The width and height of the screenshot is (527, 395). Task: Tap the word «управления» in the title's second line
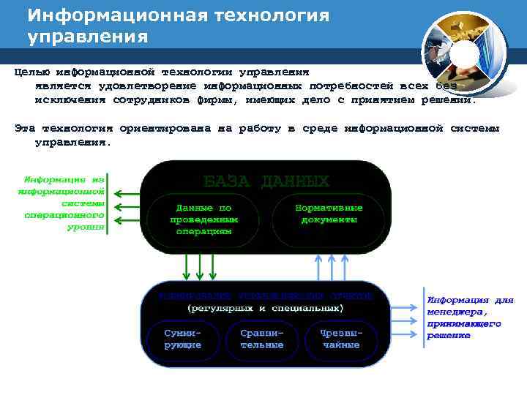click(88, 36)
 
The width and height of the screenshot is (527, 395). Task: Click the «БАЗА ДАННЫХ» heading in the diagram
click(266, 181)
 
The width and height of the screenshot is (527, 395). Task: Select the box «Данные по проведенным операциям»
click(203, 219)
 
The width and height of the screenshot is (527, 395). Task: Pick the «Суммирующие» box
click(182, 338)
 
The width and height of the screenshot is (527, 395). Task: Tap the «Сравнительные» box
click(261, 338)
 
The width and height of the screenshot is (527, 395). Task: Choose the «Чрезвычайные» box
click(341, 338)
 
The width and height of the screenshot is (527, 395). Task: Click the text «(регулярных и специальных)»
click(265, 309)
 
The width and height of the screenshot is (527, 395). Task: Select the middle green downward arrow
click(199, 267)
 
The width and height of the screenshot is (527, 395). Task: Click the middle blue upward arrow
click(332, 267)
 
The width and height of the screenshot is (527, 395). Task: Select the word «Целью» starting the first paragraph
click(31, 72)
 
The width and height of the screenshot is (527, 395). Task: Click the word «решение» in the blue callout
click(448, 336)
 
